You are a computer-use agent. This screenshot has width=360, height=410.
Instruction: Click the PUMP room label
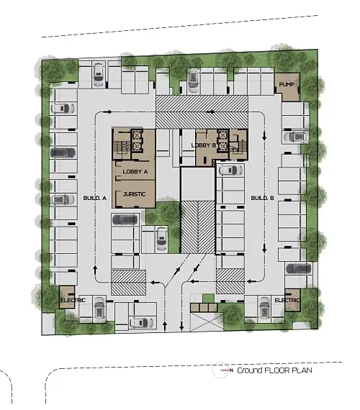tap(287, 84)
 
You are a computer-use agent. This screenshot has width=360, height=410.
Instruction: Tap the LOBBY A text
tap(135, 172)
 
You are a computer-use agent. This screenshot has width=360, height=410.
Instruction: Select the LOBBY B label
tap(204, 145)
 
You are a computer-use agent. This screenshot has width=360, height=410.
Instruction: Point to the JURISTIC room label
tap(134, 194)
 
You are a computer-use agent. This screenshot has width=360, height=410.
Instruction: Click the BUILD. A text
tap(94, 199)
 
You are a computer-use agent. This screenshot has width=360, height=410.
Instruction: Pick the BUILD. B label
tap(262, 199)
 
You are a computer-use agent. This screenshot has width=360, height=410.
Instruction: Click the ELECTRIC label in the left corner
tap(73, 300)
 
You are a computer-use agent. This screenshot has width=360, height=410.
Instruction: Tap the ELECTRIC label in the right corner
tap(287, 300)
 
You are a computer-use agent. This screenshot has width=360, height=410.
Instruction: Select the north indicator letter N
tap(231, 370)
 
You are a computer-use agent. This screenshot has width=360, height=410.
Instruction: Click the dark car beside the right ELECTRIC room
tap(299, 268)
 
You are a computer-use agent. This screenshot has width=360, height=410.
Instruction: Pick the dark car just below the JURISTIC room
tap(125, 219)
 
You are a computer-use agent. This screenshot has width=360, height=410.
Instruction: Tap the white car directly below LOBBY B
tap(230, 170)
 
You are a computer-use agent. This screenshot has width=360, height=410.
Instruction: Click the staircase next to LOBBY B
tap(239, 145)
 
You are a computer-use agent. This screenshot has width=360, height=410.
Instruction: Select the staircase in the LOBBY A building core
tap(122, 145)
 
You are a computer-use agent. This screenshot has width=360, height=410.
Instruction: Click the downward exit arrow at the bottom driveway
tap(181, 327)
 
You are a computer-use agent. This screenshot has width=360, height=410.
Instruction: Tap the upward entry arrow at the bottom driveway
tap(165, 327)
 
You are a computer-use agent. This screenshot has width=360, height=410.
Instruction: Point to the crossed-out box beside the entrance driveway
tap(207, 322)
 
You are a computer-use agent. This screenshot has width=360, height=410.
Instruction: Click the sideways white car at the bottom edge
tap(141, 323)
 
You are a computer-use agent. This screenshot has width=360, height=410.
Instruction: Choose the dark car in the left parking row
tap(63, 152)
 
